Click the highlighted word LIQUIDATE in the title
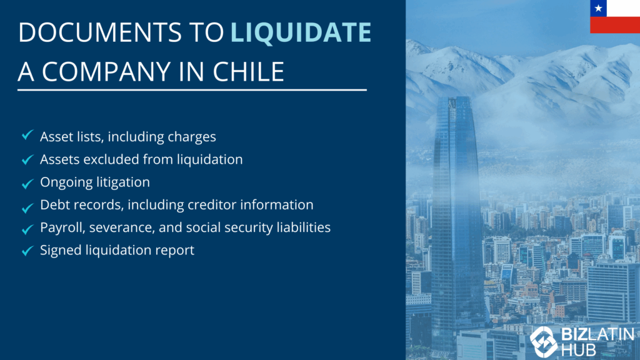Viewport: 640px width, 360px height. [x=301, y=32]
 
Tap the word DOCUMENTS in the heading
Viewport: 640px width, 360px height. [x=100, y=32]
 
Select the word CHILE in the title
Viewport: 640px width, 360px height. [x=248, y=71]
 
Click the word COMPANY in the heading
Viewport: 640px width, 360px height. [x=106, y=71]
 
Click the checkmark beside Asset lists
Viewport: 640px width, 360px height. [x=27, y=135]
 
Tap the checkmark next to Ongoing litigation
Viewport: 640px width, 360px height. [x=27, y=184]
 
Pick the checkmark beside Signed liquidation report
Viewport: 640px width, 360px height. [x=27, y=251]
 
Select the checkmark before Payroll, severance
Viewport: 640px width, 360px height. [x=27, y=229]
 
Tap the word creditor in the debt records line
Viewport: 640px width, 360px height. [x=212, y=204]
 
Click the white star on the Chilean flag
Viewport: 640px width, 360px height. [x=598, y=9]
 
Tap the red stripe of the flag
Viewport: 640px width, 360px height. [x=615, y=25]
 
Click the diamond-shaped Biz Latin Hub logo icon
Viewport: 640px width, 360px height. [x=543, y=342]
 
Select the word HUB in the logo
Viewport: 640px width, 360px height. [x=579, y=350]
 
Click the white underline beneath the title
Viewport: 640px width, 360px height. [x=192, y=90]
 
